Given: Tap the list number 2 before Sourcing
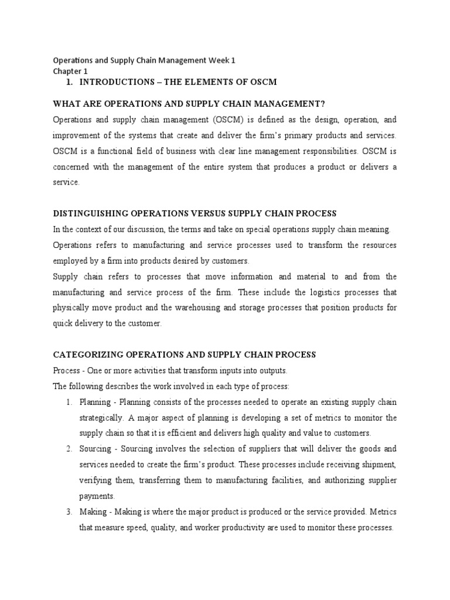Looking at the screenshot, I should [69, 449].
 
